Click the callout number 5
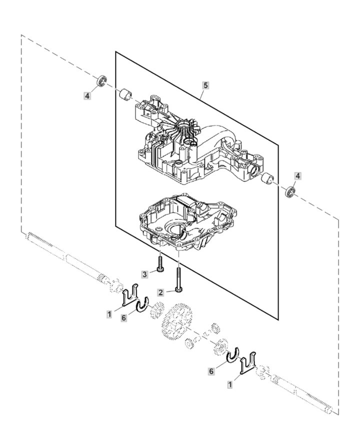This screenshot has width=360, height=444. (205, 85)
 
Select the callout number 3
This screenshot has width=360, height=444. (144, 274)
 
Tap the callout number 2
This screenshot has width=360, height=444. (160, 292)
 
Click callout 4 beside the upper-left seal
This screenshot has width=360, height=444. (87, 95)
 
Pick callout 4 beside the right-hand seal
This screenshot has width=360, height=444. (297, 176)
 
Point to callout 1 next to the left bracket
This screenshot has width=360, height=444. (109, 314)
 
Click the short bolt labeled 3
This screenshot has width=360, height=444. (159, 264)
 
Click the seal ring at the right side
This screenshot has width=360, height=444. (289, 191)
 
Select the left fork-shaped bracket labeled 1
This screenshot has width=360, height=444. (131, 294)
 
